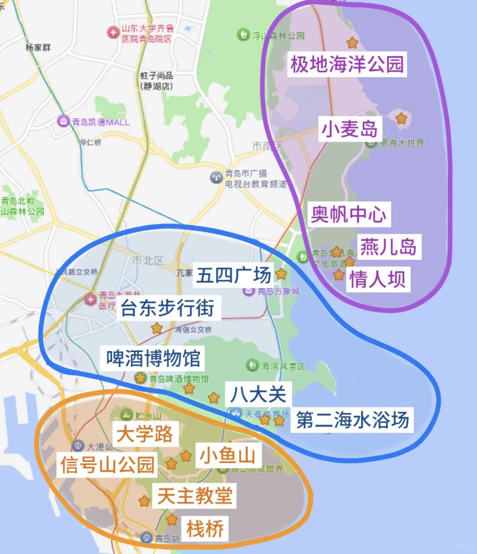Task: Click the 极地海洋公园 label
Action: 347,64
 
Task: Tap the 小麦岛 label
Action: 349,129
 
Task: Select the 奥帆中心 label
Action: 349,214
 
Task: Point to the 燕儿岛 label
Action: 388,247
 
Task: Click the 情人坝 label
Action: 378,279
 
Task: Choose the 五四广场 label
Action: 234,275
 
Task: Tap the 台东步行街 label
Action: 167,307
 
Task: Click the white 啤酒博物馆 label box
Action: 153,358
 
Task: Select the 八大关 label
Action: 258,394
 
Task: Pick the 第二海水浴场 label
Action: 352,419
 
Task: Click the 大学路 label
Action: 145,433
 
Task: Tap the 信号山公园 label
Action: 107,464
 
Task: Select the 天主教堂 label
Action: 195,495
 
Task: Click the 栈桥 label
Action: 205,528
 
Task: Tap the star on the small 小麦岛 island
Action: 401,118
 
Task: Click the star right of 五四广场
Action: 281,274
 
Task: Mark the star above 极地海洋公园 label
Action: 352,42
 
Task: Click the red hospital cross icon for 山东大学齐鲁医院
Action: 113,32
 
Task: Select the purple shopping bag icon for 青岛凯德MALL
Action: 64,121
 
